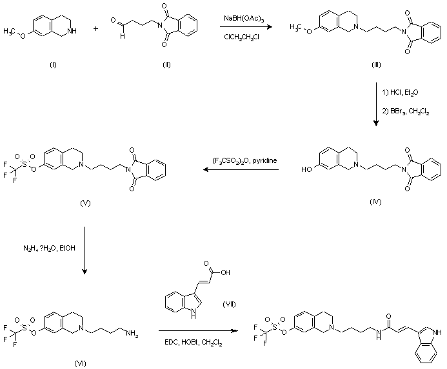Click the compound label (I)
pos(53,65)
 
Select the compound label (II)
pos(166,65)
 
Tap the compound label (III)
pos(376,65)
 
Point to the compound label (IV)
pos(375,202)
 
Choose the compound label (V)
pos(85,203)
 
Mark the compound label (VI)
pos(80,363)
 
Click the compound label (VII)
pos(229,305)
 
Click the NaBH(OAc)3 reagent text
pos(244,19)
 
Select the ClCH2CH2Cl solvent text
pos(241,37)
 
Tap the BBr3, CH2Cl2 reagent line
pos(405,111)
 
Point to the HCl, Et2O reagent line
pos(401,93)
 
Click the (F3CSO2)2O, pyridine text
pos(244,161)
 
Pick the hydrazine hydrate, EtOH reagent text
pos(49,249)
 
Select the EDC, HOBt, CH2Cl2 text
pos(194,343)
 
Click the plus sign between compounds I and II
pos(95,28)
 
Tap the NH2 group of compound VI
pos(132,333)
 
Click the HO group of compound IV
pos(307,169)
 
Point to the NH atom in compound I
pos(72,31)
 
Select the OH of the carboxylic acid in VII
pos(225,272)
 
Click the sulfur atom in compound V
pos(25,164)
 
